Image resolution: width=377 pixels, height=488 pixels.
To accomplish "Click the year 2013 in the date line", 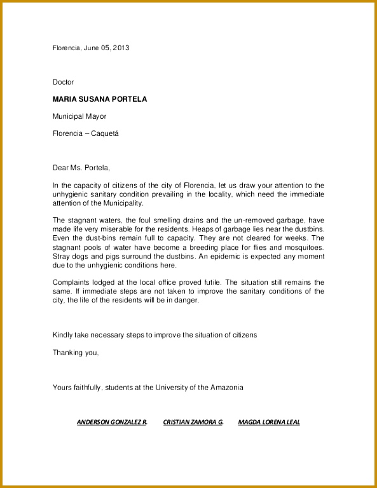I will click(x=121, y=48).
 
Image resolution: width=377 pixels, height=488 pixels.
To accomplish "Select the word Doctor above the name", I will click(x=63, y=82).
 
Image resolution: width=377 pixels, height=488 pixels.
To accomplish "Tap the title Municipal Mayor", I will click(x=79, y=116).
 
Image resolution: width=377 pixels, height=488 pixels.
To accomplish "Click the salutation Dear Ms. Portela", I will click(x=81, y=168).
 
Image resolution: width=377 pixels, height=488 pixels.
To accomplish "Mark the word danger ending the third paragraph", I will click(x=188, y=301).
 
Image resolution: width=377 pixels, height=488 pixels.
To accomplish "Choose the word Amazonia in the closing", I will click(x=226, y=387).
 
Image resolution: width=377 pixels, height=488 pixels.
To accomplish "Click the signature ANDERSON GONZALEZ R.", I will click(x=112, y=422).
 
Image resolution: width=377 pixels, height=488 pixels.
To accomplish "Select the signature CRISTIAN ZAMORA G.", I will click(x=193, y=422).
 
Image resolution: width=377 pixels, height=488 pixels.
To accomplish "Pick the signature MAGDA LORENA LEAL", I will click(x=269, y=422).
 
